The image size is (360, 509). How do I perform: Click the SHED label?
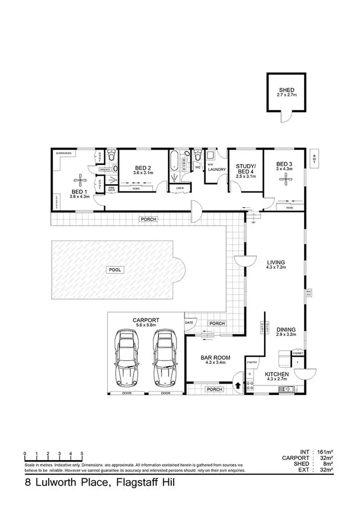[286, 90]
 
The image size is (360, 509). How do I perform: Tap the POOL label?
[115, 270]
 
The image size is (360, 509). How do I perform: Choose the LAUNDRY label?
[217, 169]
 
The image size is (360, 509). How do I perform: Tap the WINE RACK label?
[111, 189]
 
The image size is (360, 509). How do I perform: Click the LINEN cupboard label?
[180, 188]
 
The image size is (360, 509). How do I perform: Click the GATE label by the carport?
[189, 322]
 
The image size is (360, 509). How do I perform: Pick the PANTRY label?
[252, 362]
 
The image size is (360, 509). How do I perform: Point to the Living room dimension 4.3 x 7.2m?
[276, 268]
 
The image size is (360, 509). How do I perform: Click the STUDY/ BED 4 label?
[245, 169]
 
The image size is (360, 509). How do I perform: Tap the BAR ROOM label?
[215, 357]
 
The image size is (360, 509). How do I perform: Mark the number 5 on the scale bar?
[82, 454]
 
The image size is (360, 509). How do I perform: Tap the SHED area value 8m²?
[328, 464]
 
